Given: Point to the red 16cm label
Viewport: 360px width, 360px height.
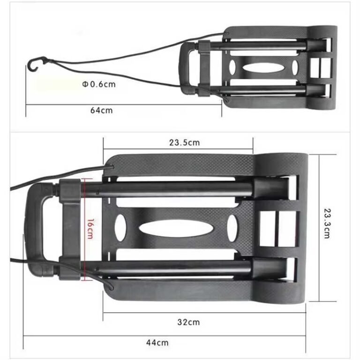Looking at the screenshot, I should (x=90, y=229).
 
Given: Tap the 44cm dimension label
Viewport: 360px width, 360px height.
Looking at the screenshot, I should (x=157, y=343).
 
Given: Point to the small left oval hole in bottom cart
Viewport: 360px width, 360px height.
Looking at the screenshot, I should (x=120, y=228).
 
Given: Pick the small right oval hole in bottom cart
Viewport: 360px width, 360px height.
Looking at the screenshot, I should (x=232, y=228).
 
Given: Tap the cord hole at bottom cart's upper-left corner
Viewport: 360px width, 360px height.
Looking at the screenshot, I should (x=111, y=167).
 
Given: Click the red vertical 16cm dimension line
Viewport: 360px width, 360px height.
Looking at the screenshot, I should (x=82, y=229).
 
